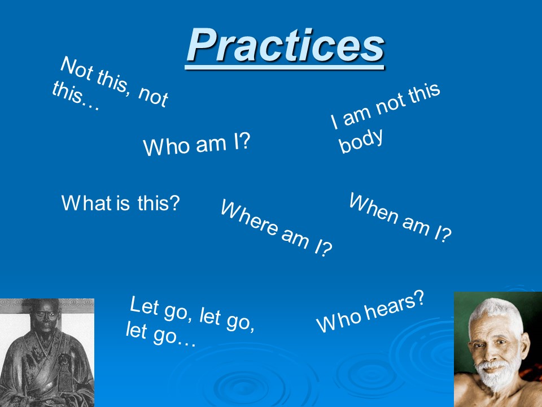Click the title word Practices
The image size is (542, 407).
click(x=286, y=45)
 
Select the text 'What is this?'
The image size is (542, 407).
click(x=121, y=203)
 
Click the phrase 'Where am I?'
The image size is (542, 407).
click(x=277, y=228)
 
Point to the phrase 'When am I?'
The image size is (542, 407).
click(x=400, y=217)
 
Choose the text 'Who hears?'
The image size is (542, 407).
click(x=370, y=311)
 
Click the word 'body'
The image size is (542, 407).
click(x=361, y=140)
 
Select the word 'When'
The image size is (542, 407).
click(x=374, y=208)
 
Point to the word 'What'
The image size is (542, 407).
click(x=86, y=203)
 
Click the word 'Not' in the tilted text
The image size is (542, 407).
click(x=77, y=69)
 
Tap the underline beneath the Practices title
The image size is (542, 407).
click(x=285, y=67)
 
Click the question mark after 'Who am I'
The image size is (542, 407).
click(x=244, y=141)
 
